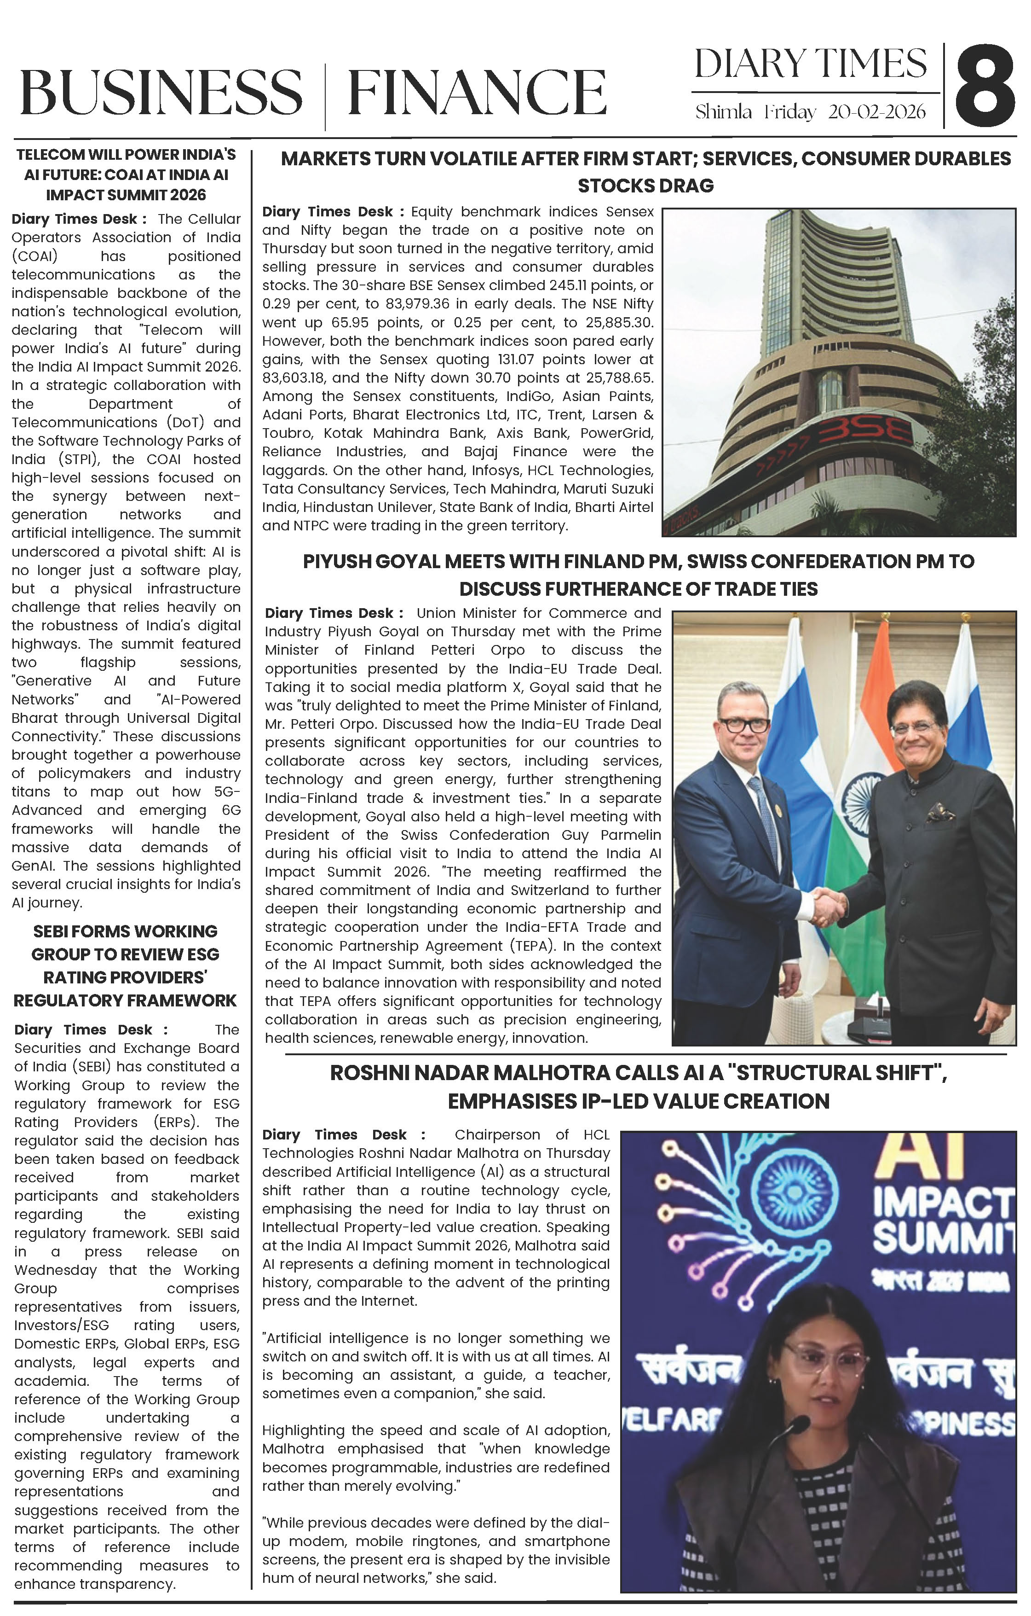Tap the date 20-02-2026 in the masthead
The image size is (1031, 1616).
[877, 111]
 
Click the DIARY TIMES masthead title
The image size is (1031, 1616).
[810, 64]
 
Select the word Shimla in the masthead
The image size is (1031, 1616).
[723, 111]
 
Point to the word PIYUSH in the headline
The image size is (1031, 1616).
[335, 561]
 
